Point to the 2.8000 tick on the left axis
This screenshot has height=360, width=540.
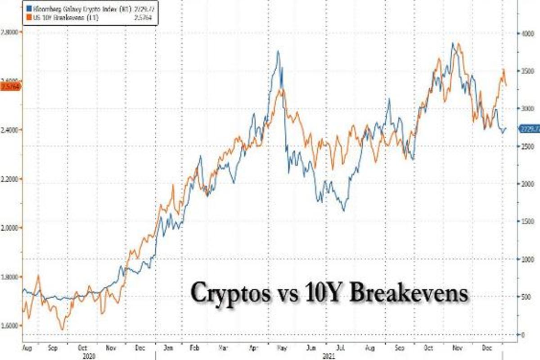(11, 32)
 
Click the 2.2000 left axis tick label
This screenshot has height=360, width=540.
(11, 179)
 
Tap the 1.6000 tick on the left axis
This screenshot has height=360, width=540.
(11, 325)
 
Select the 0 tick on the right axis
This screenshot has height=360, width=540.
(523, 334)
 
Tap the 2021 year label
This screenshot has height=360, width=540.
(332, 355)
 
